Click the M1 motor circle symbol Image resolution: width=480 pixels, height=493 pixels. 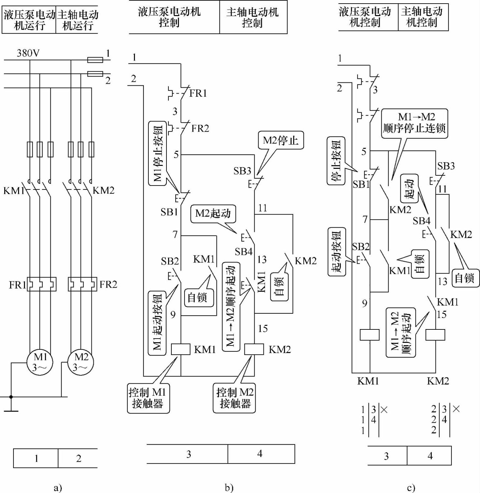[40, 362]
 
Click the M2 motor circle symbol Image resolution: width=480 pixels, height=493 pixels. [80, 362]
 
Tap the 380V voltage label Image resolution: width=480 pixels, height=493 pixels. [28, 53]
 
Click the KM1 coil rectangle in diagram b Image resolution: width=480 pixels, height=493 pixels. [181, 349]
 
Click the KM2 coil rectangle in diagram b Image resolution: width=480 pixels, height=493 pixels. [254, 349]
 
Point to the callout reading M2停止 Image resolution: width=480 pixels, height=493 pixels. [280, 141]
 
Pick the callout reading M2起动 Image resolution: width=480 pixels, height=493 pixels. [213, 214]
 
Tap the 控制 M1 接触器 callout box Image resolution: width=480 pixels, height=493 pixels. [148, 398]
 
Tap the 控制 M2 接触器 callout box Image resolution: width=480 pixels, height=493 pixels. [235, 398]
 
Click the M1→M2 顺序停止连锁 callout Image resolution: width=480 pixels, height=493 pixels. [414, 123]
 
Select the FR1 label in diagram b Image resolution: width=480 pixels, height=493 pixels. [198, 94]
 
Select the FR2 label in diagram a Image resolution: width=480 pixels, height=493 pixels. [108, 285]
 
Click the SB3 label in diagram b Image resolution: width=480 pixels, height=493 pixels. [242, 171]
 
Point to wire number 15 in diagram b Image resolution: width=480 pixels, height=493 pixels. [263, 328]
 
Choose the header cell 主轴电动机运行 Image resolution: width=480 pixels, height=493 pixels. [78, 20]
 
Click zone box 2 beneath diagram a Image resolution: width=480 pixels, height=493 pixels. [78, 458]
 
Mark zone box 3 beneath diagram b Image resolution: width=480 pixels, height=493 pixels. [188, 454]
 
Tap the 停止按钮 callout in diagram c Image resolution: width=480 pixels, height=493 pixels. [336, 161]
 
